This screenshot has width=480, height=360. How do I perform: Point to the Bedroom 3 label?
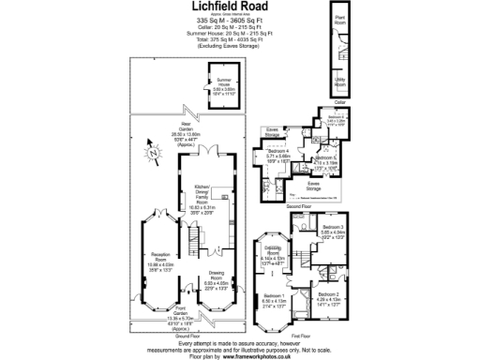click(x=334, y=228)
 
